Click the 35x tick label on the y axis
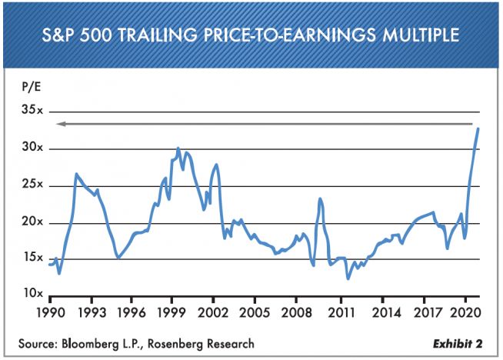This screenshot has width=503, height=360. [32, 110]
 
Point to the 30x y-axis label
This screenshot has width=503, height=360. [32, 147]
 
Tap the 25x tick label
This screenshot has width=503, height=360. [32, 185]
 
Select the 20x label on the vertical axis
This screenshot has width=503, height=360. [32, 222]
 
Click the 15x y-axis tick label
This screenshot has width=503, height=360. [32, 258]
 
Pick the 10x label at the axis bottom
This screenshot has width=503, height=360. [32, 293]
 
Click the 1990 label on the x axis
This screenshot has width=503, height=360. [51, 312]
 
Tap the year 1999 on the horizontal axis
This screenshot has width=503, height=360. [172, 312]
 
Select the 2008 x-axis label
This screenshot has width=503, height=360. [296, 312]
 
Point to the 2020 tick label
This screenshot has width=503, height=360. [465, 312]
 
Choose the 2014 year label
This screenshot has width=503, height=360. [386, 312]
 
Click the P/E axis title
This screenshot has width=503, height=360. [32, 87]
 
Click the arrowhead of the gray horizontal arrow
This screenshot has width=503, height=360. [60, 124]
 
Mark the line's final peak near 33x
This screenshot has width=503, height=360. [478, 128]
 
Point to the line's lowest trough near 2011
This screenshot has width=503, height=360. [348, 278]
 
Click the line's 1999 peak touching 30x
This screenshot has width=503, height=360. [178, 148]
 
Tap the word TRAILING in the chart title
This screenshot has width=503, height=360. [157, 35]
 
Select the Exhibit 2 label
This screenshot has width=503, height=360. [458, 344]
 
